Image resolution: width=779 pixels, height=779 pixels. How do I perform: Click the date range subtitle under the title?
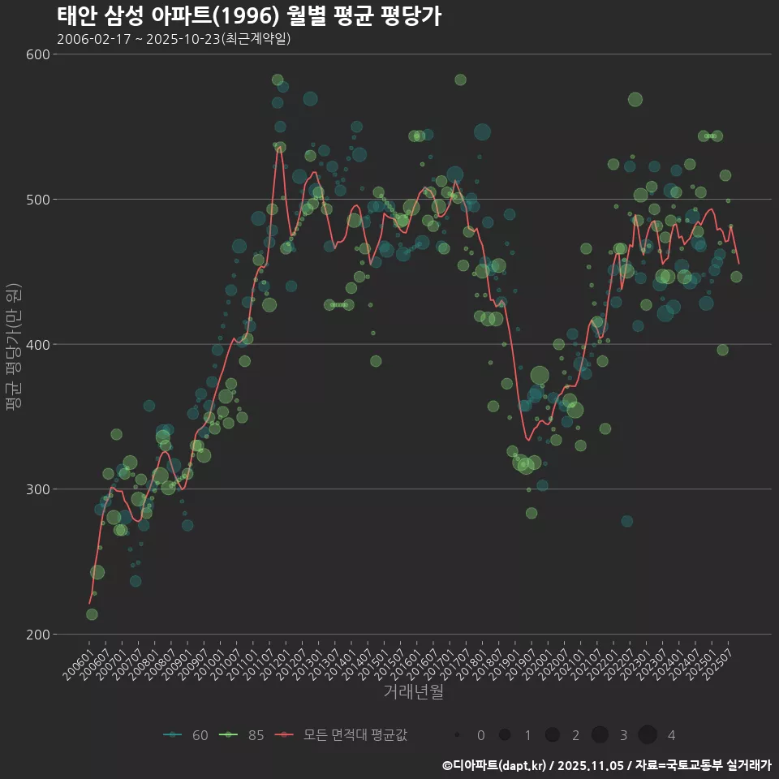174,39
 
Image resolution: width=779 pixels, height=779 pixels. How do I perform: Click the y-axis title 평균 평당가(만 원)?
12,349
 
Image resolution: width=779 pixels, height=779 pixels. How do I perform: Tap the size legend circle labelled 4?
647,735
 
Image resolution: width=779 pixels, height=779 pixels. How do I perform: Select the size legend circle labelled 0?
458,735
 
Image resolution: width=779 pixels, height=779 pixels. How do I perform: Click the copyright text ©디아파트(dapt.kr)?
495,765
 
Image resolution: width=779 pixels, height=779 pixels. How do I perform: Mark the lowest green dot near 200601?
92,614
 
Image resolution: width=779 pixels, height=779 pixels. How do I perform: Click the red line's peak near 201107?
279,147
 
